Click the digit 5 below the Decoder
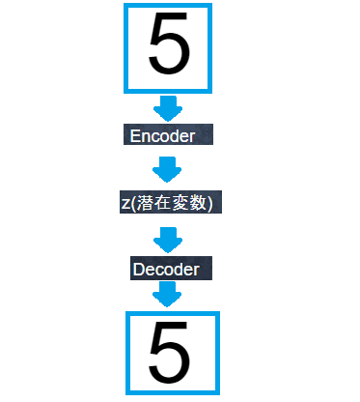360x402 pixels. [x=168, y=353]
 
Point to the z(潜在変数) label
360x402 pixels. [x=168, y=203]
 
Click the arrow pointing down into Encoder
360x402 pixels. [x=168, y=107]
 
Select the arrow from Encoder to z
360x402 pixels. [x=168, y=169]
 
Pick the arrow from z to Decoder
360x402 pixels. [x=168, y=238]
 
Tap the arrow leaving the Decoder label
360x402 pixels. [x=168, y=294]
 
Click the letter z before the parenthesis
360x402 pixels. [x=125, y=204]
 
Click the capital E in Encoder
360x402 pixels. [x=135, y=136]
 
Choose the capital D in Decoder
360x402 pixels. [x=138, y=269]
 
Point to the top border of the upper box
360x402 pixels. [x=168, y=6]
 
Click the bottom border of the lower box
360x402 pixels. [x=168, y=392]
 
